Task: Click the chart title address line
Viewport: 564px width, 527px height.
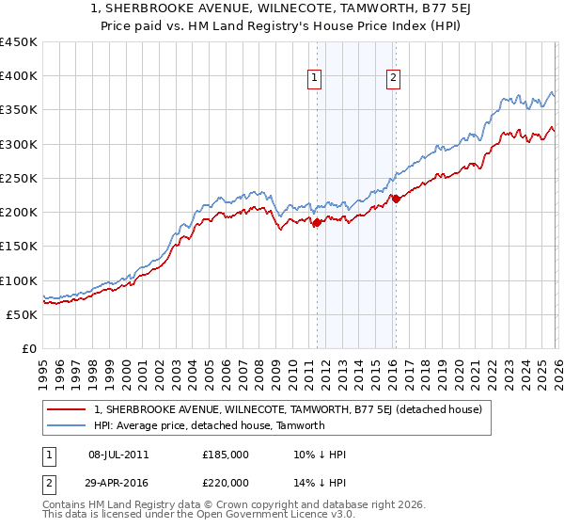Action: tap(282, 9)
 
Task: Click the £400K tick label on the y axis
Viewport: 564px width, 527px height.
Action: tap(19, 76)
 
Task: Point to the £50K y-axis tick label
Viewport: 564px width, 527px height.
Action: tap(22, 314)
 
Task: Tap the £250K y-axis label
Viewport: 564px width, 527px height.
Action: tap(19, 178)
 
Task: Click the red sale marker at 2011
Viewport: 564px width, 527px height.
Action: tap(317, 223)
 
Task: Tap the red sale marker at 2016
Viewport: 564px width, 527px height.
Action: tap(396, 199)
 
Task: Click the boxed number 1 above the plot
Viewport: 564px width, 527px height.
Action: tap(314, 79)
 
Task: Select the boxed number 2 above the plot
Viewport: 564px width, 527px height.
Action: tap(393, 79)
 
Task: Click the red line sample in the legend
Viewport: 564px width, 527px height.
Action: tap(68, 409)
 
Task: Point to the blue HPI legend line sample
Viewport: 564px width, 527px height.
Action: tap(68, 425)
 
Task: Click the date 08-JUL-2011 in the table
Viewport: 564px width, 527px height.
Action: tap(117, 455)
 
